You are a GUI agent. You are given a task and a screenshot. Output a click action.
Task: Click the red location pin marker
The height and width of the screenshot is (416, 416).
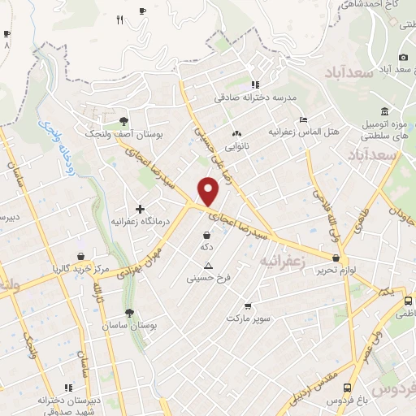tap(210, 192)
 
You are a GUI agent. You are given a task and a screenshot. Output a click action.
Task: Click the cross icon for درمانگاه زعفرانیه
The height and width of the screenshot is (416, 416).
tap(140, 210)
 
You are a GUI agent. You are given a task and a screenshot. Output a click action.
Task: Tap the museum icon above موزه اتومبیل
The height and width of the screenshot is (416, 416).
tap(383, 110)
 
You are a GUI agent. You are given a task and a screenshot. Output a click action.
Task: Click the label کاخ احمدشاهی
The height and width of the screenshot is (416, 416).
tap(375, 6)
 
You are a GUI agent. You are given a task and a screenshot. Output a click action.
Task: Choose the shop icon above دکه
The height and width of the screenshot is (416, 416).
tap(206, 235)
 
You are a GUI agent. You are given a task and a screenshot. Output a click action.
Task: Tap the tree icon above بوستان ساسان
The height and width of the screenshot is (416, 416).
tap(129, 313)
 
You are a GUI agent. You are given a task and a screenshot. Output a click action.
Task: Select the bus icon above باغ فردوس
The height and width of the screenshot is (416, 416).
tap(348, 388)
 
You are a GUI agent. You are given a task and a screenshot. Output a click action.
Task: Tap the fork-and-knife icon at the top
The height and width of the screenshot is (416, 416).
tap(120, 20)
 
